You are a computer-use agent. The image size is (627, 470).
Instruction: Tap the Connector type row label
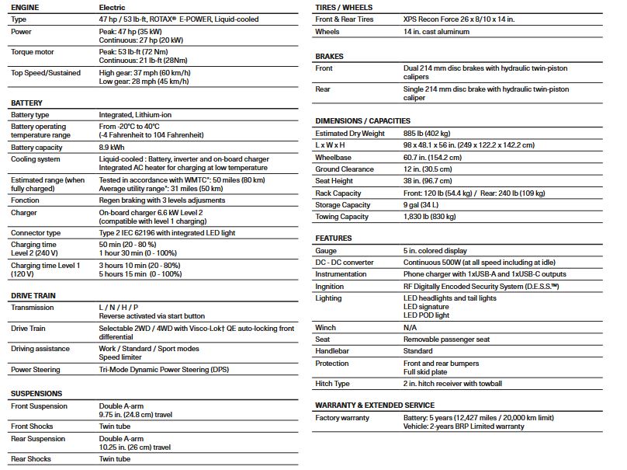pos(36,233)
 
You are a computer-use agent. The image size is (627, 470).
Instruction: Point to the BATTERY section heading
pos(27,103)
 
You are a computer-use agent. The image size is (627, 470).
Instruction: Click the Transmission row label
pos(33,308)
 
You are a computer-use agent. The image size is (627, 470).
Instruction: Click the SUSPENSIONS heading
pos(36,393)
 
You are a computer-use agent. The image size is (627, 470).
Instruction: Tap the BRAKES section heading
pos(330,57)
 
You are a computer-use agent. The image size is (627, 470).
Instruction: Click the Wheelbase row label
pos(334,157)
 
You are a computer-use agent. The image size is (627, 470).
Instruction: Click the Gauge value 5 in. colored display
pos(435,251)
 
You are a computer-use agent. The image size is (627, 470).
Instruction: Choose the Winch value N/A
pos(410,328)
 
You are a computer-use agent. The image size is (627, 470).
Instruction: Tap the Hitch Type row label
pos(333,384)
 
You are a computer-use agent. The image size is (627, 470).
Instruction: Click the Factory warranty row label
pos(342,418)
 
